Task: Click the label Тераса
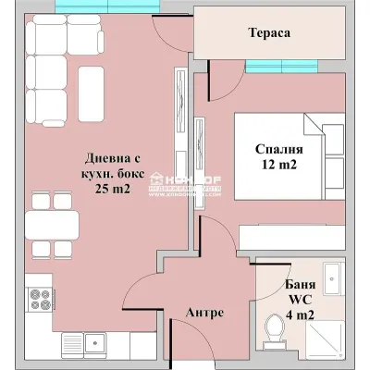pos(270,32)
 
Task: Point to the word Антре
pos(204,313)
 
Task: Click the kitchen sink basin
pos(96,346)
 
